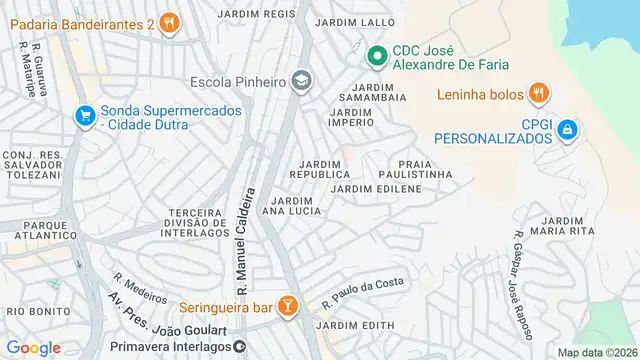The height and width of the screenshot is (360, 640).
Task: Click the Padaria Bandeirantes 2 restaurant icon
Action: point(170,22)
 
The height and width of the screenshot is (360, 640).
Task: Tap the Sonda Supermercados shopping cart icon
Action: point(84,116)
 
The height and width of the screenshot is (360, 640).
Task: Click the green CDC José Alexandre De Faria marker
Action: point(376,56)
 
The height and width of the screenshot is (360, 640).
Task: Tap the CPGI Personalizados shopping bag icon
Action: point(567,128)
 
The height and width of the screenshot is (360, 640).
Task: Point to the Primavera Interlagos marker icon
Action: point(240,346)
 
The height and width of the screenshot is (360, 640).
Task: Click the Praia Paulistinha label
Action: point(425,168)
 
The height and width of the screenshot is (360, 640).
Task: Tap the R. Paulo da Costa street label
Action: point(363,292)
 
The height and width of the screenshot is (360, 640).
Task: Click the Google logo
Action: point(33,347)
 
